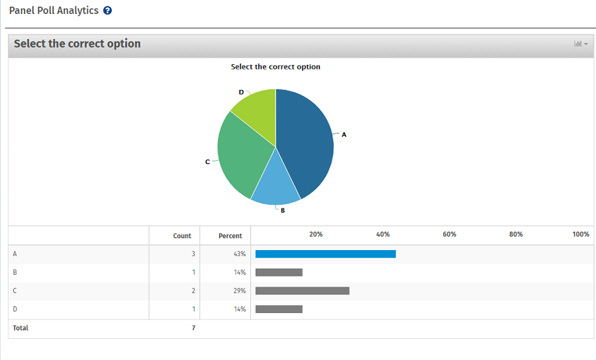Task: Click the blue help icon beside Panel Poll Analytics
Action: pyautogui.click(x=108, y=11)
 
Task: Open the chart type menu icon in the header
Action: pyautogui.click(x=580, y=44)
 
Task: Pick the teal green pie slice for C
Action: pyautogui.click(x=242, y=156)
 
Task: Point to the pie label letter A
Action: pyautogui.click(x=344, y=134)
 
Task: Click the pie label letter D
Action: pyautogui.click(x=241, y=92)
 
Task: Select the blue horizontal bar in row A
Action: pyautogui.click(x=325, y=253)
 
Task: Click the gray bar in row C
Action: pyautogui.click(x=302, y=291)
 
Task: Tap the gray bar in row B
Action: pyautogui.click(x=279, y=272)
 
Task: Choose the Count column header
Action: pyautogui.click(x=182, y=236)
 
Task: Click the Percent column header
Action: pyautogui.click(x=230, y=236)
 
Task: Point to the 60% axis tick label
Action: pyautogui.click(x=449, y=234)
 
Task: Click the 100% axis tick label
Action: pyautogui.click(x=581, y=234)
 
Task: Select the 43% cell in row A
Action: pyautogui.click(x=239, y=254)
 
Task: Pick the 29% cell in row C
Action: pyautogui.click(x=239, y=291)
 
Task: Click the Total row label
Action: pyautogui.click(x=21, y=328)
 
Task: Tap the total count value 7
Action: pyautogui.click(x=193, y=328)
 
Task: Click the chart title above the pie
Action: pyautogui.click(x=275, y=67)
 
